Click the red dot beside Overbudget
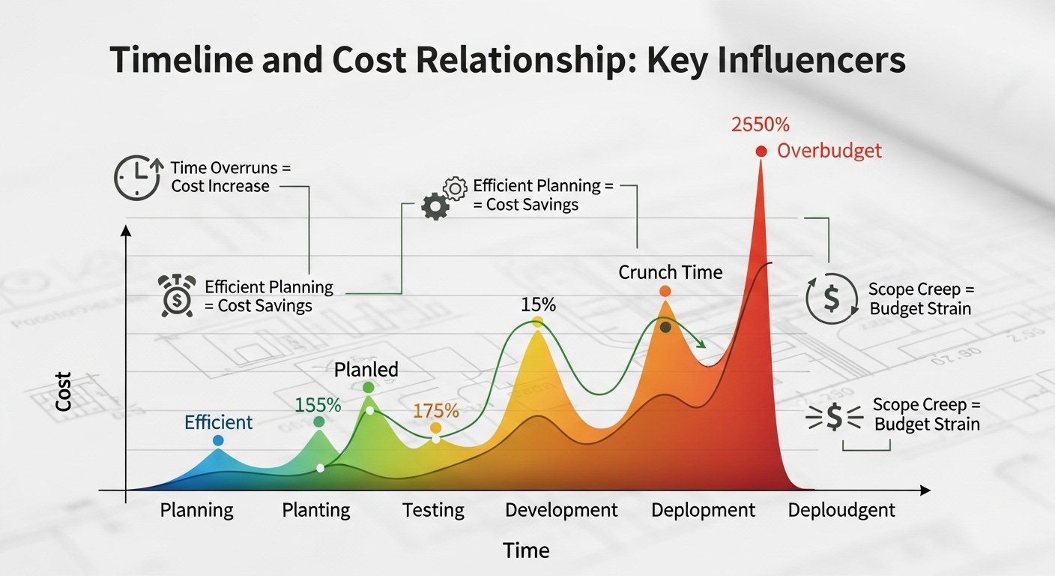(761, 151)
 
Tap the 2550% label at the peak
(759, 124)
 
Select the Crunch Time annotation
(670, 271)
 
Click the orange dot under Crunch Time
(665, 291)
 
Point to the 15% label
(538, 304)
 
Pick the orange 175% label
(435, 410)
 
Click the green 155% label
(318, 405)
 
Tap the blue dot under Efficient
(218, 440)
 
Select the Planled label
(366, 369)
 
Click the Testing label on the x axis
(433, 511)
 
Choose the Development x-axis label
(561, 511)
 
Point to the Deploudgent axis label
(841, 511)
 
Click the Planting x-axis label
(316, 511)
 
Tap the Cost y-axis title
(64, 391)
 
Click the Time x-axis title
(526, 550)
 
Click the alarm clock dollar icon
(177, 295)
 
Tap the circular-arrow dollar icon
(831, 298)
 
